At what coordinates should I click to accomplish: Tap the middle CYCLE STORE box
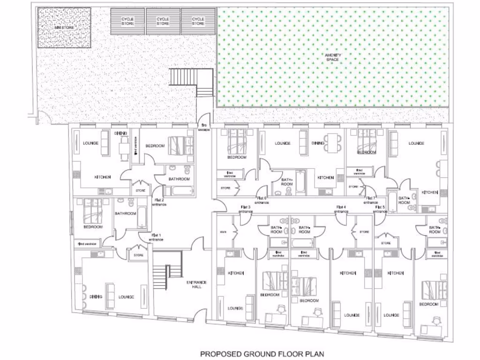[163, 21]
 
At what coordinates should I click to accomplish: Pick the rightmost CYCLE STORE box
[198, 21]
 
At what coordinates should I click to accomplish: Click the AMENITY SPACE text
[333, 58]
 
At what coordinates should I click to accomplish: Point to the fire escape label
[204, 127]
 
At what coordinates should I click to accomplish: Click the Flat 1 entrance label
[156, 237]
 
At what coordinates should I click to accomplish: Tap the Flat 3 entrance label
[246, 209]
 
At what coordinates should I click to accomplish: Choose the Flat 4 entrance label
[341, 209]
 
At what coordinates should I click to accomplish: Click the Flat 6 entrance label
[262, 200]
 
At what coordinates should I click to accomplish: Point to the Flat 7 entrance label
[371, 200]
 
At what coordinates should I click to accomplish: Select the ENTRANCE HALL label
[197, 284]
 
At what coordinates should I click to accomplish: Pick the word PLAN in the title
[315, 354]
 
